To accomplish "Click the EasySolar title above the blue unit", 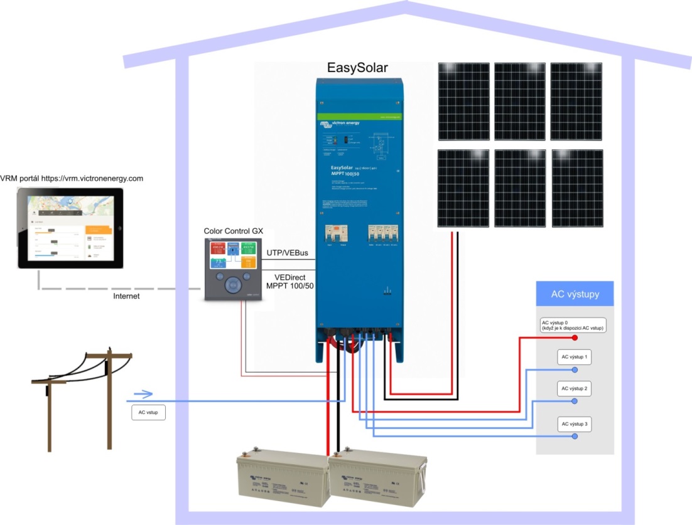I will click(358, 67).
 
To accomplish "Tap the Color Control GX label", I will click(233, 231).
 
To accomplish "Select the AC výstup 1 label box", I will click(575, 357).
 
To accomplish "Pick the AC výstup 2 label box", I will click(575, 389).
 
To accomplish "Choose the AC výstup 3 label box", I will click(575, 425).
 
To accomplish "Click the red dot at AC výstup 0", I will click(575, 337).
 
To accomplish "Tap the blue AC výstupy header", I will click(575, 294).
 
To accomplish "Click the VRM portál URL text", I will click(72, 178).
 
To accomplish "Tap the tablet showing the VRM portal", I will click(70, 228).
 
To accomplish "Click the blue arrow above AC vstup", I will click(143, 394).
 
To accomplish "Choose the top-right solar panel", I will click(576, 101).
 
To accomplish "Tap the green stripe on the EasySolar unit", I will click(359, 117).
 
